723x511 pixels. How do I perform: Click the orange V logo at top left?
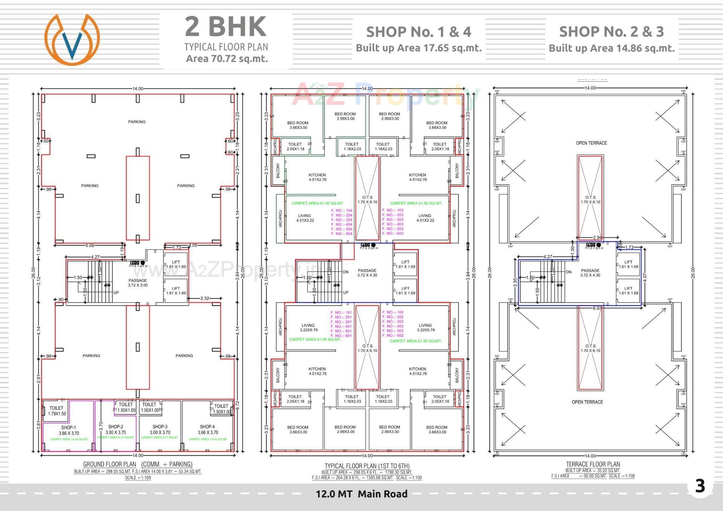(x=72, y=40)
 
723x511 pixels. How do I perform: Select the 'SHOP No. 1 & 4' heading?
(x=418, y=32)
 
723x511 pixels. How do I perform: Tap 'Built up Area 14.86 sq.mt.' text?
(x=612, y=48)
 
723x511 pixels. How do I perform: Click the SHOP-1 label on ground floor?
(x=69, y=427)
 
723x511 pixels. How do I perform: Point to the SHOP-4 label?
(x=207, y=427)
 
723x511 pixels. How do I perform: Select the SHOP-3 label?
(x=160, y=427)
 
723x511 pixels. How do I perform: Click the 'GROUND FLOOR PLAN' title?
(x=110, y=464)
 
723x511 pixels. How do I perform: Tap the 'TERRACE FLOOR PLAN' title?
(x=593, y=464)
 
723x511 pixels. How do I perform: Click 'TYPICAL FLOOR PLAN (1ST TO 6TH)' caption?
(x=367, y=466)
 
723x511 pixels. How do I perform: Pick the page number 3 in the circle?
(x=700, y=486)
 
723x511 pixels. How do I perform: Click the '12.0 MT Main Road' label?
(x=361, y=494)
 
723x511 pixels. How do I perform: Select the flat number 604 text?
(x=342, y=234)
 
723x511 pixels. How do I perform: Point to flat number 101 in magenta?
(x=341, y=313)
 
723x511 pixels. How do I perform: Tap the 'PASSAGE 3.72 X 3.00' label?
(x=138, y=283)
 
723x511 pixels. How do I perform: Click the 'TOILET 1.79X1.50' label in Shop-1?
(x=56, y=411)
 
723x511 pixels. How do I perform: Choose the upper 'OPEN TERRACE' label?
(x=591, y=143)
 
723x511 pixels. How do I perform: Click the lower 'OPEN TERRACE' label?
(x=587, y=402)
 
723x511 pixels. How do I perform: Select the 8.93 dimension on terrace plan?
(x=597, y=308)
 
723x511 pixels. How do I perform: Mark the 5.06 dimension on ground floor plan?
(x=90, y=246)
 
